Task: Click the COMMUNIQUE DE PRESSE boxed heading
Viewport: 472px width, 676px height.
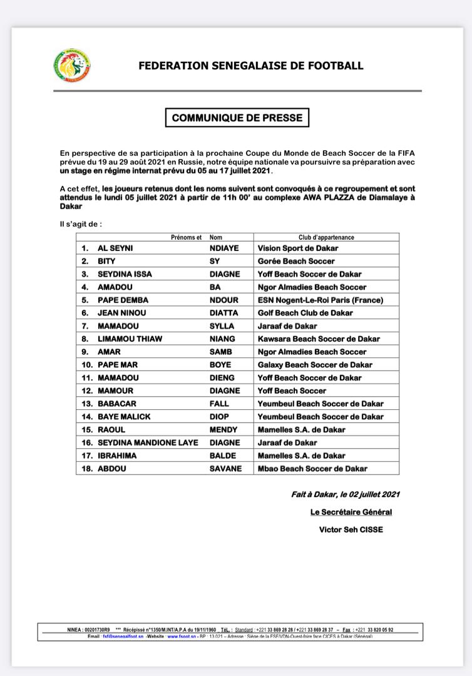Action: click(237, 117)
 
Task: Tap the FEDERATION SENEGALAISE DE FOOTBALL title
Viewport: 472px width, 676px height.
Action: click(250, 66)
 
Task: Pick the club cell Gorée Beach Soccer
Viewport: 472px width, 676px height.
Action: click(296, 261)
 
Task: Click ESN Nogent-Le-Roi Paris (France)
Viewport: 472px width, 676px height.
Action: click(320, 300)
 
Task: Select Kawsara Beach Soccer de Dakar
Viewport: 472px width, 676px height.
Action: click(318, 339)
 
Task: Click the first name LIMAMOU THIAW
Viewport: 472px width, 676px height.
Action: click(130, 339)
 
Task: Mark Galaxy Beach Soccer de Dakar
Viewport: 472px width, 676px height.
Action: click(315, 365)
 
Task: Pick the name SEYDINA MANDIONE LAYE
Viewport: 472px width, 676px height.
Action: click(148, 443)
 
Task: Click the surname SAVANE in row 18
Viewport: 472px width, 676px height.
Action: click(225, 468)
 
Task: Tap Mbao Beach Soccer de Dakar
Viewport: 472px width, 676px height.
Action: click(312, 468)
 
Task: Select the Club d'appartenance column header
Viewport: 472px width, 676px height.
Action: click(326, 237)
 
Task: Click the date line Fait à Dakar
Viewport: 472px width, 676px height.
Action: click(345, 494)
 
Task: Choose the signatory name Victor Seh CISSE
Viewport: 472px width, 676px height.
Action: click(350, 530)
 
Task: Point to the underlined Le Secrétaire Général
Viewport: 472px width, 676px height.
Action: click(351, 512)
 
